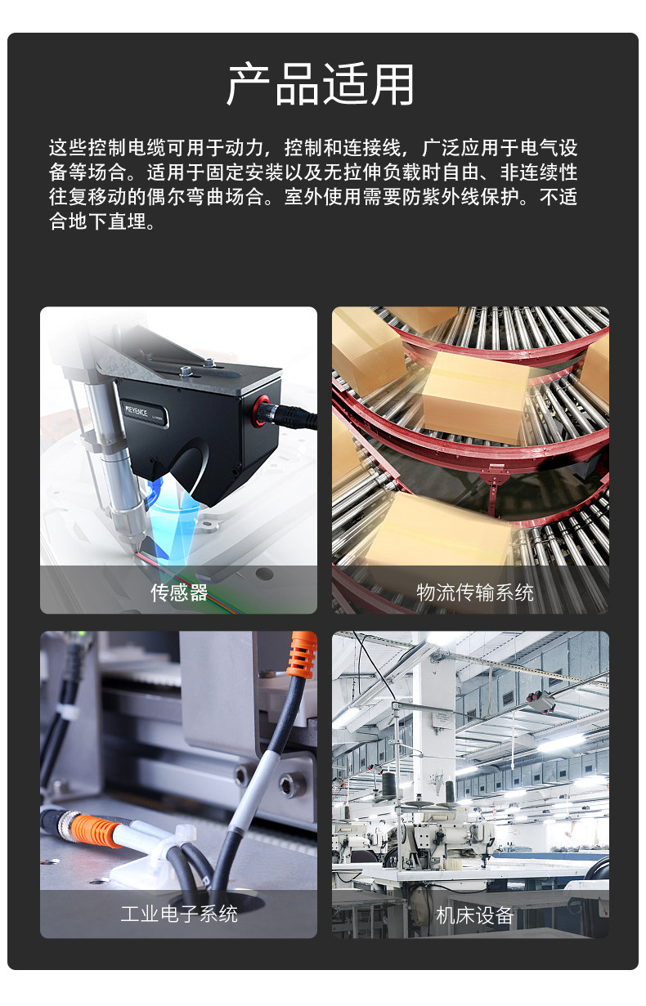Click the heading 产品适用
(x=321, y=84)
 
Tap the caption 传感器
(x=179, y=592)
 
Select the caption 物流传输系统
(x=475, y=592)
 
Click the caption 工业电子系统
(x=179, y=914)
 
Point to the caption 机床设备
(x=475, y=914)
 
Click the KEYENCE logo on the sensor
(x=137, y=411)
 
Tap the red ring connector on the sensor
(x=260, y=411)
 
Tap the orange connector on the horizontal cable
(x=95, y=829)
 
